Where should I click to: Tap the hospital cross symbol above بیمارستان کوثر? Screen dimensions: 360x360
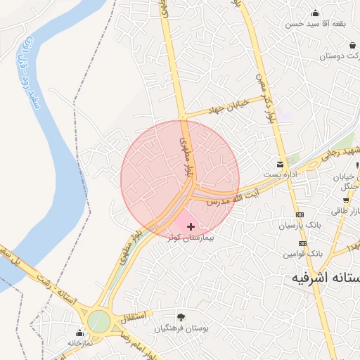[191, 227]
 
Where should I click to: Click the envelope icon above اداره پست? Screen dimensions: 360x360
[281, 164]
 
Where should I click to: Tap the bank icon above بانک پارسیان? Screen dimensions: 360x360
[300, 214]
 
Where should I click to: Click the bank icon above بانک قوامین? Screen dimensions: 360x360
[302, 243]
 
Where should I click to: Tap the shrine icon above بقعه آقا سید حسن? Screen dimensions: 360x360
[314, 13]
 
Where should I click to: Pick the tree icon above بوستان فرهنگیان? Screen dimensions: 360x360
[181, 317]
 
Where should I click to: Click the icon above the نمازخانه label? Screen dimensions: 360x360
[79, 331]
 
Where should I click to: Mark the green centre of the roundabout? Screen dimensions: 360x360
[98, 321]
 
